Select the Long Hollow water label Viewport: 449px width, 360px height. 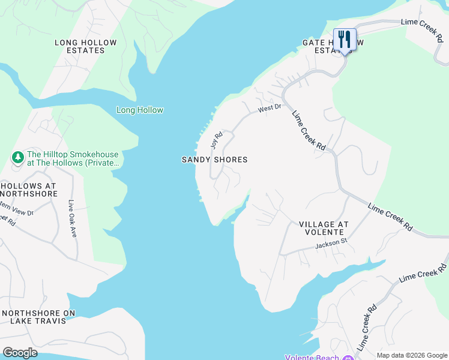coord(139,110)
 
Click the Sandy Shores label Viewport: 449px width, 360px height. coord(214,160)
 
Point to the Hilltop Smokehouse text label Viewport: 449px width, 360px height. coord(74,158)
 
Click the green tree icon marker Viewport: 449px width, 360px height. coord(18,157)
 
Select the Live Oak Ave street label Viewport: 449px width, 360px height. coord(72,218)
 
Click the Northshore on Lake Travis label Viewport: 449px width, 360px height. coord(38,317)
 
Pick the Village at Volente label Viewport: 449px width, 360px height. coord(324,228)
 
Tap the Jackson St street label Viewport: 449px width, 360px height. coord(331,245)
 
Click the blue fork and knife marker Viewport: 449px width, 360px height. coord(345,40)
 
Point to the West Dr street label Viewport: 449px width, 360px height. coord(270,109)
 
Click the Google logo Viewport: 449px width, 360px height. coord(20,352)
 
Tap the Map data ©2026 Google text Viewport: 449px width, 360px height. coord(412,355)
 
